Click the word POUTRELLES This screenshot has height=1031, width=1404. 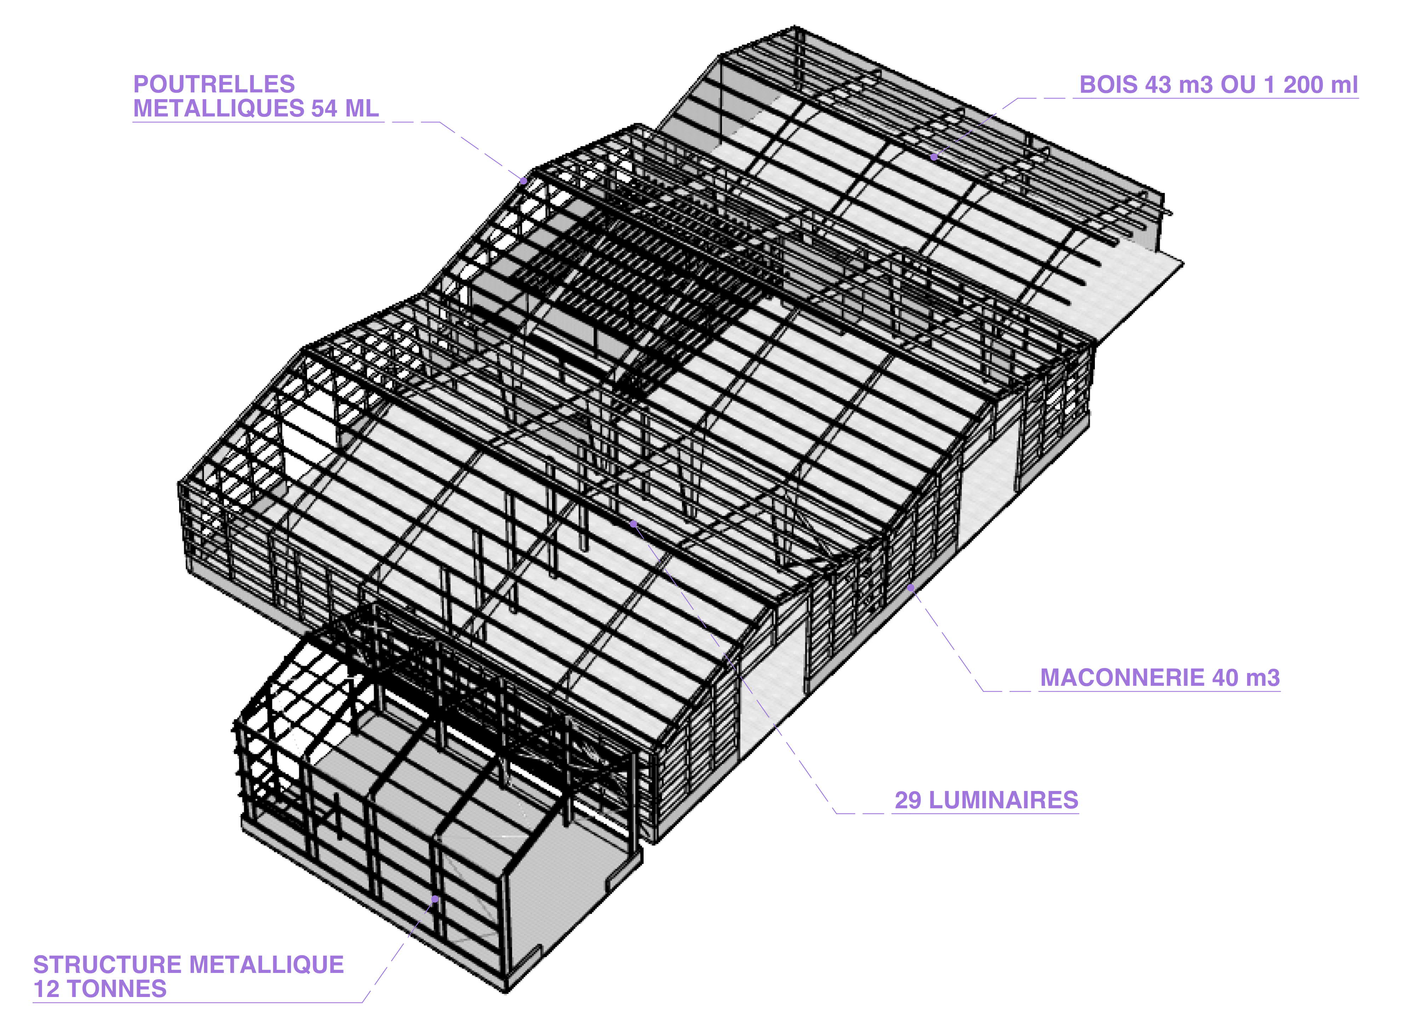214,84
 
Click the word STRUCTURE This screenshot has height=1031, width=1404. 107,965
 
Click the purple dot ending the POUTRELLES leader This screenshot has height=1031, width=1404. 524,180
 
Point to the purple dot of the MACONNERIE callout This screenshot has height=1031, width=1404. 910,587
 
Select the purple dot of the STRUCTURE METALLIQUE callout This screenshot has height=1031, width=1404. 435,899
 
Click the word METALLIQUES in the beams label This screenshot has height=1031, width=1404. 218,109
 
